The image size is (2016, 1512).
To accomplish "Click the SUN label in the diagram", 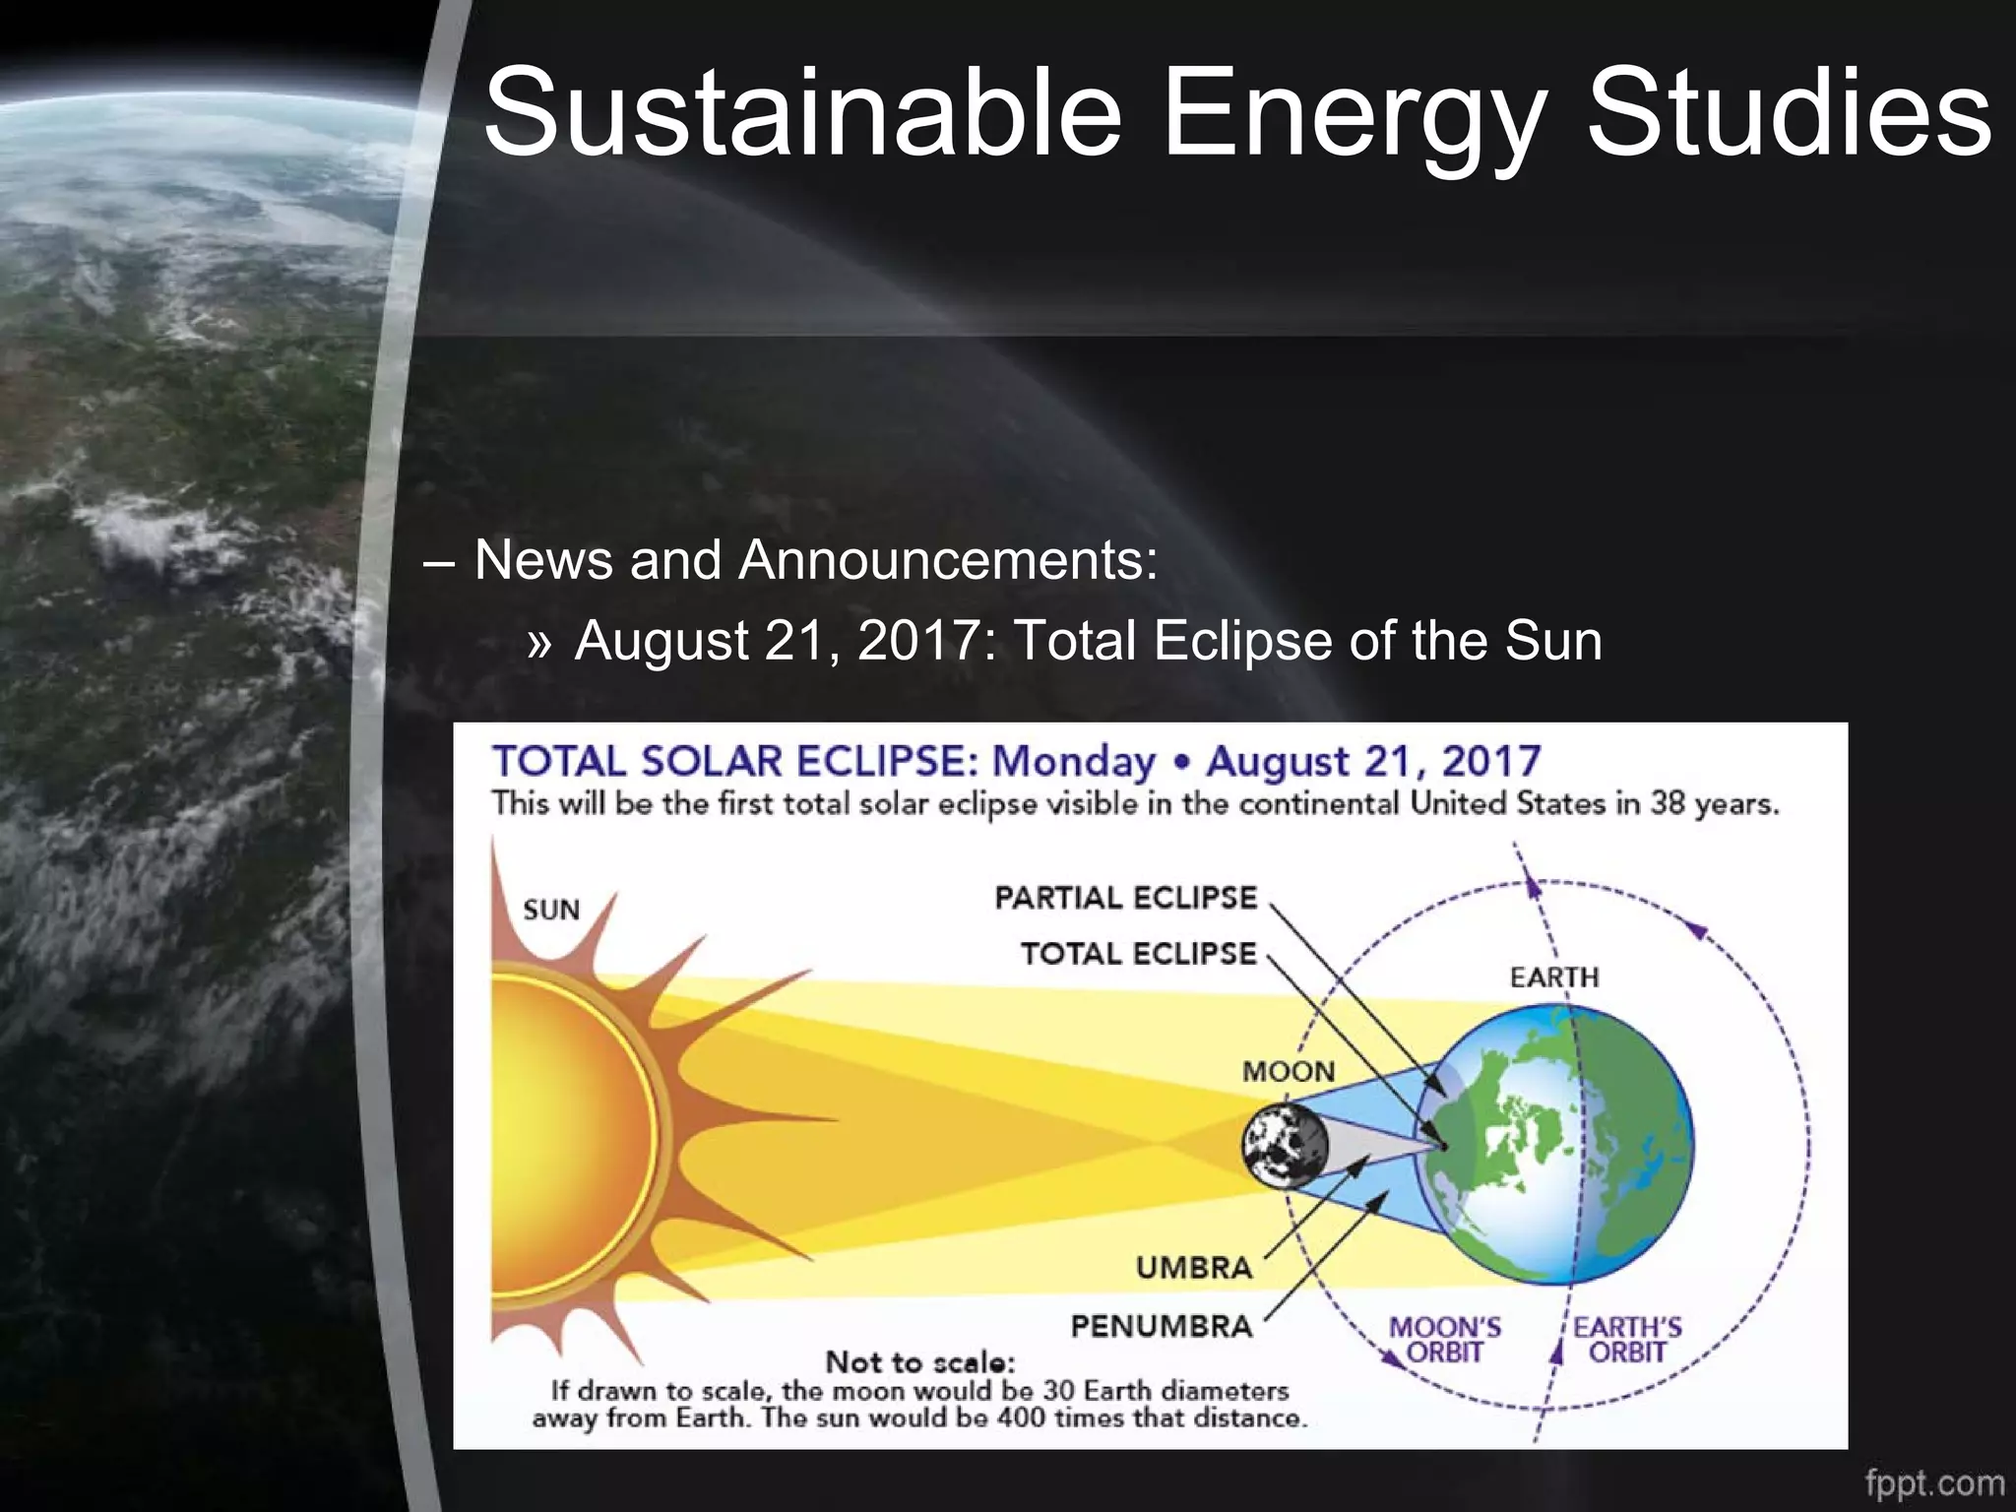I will [x=551, y=910].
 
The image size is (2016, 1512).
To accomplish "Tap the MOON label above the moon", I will [x=1289, y=1071].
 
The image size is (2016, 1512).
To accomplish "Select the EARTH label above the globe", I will [x=1554, y=977].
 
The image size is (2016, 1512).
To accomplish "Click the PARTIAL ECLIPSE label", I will [x=1126, y=898].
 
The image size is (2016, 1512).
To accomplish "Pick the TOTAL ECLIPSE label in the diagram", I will [x=1139, y=953].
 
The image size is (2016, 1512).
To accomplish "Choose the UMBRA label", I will [x=1194, y=1267].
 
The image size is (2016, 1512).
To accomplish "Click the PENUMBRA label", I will [x=1162, y=1326].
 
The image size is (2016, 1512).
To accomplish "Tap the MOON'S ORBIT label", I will [x=1445, y=1340].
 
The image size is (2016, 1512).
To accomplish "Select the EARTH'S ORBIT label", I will [x=1627, y=1340].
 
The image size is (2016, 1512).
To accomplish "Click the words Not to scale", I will [x=919, y=1362].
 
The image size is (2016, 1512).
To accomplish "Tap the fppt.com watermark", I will [x=1934, y=1482].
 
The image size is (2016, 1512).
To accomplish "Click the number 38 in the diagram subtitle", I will [x=1667, y=803].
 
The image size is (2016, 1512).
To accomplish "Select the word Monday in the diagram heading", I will [x=1073, y=761].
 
